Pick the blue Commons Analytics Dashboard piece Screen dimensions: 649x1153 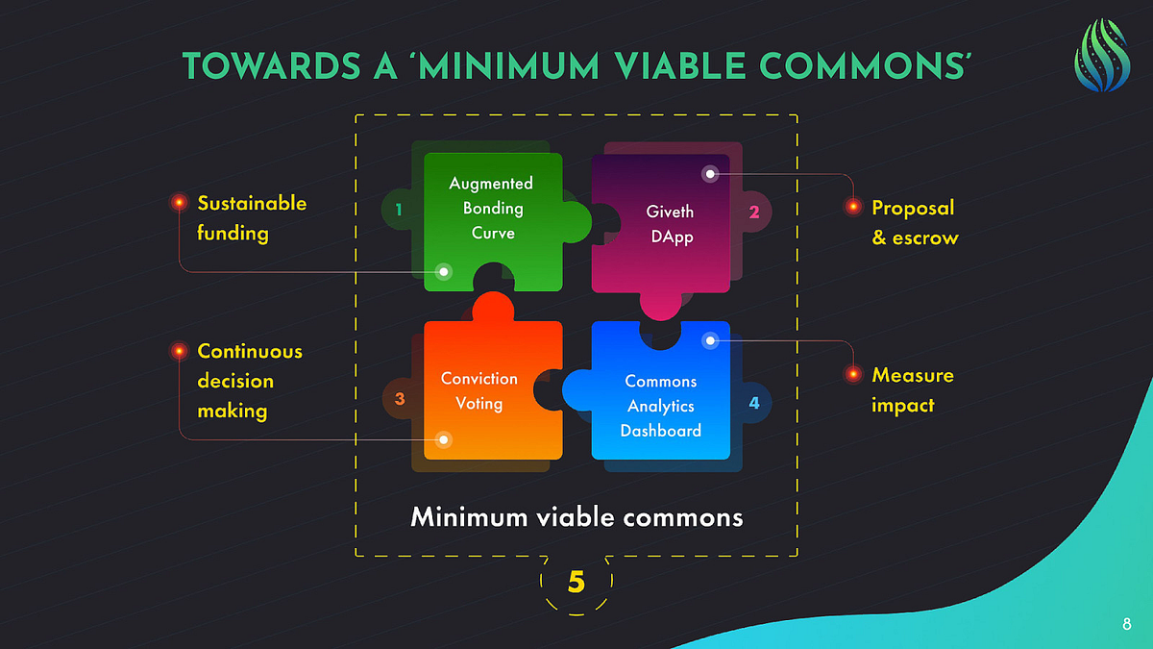click(x=661, y=404)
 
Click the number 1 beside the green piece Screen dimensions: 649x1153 click(x=398, y=209)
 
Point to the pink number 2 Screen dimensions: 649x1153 click(x=754, y=212)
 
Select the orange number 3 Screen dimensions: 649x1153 click(x=399, y=398)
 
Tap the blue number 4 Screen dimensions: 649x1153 click(x=754, y=403)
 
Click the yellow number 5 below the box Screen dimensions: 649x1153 click(x=576, y=582)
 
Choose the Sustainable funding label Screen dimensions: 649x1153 click(x=252, y=218)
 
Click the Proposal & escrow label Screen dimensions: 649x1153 click(x=915, y=222)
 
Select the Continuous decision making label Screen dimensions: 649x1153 click(x=250, y=381)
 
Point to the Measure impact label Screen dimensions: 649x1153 click(x=912, y=389)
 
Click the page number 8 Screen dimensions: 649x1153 click(x=1126, y=625)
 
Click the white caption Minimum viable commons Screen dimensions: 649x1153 click(x=576, y=517)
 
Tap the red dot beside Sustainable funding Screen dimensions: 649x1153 click(x=179, y=203)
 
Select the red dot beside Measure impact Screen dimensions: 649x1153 click(x=852, y=374)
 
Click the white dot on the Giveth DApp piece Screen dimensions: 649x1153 click(x=709, y=174)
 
